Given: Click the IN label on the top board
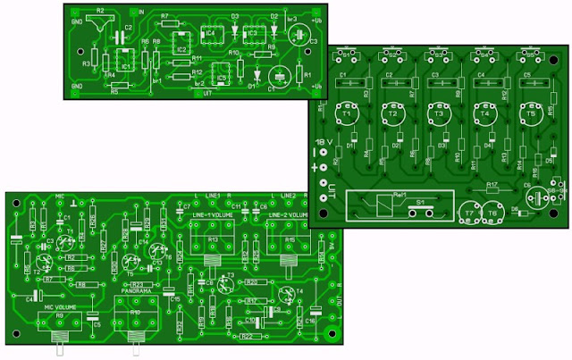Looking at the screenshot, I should (x=141, y=13).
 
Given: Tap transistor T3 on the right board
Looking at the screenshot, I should (x=438, y=116).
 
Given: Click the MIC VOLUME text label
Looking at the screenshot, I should (x=59, y=306).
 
